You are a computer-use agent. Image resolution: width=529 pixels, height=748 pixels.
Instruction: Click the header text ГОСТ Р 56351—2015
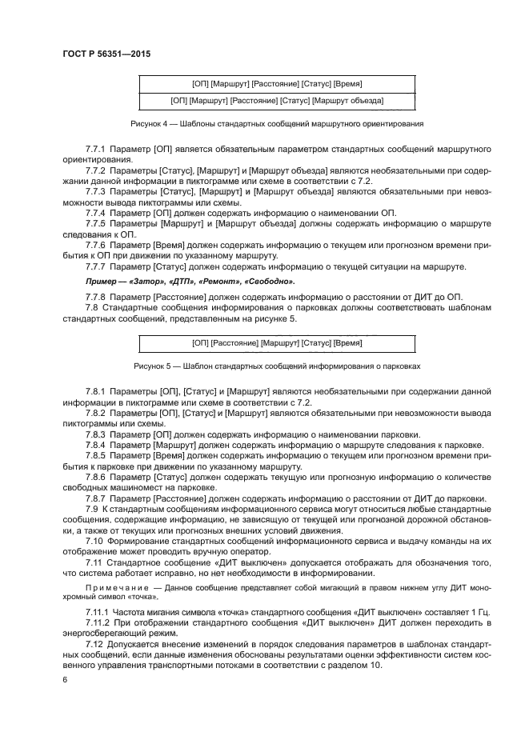click(106, 54)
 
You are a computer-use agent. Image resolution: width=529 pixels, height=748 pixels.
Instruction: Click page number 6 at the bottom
click(63, 678)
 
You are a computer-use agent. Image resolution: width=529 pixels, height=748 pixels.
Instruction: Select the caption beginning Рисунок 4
click(276, 124)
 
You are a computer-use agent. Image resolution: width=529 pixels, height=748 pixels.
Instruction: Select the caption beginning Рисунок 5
click(276, 366)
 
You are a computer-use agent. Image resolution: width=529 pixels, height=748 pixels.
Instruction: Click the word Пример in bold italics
click(102, 282)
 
